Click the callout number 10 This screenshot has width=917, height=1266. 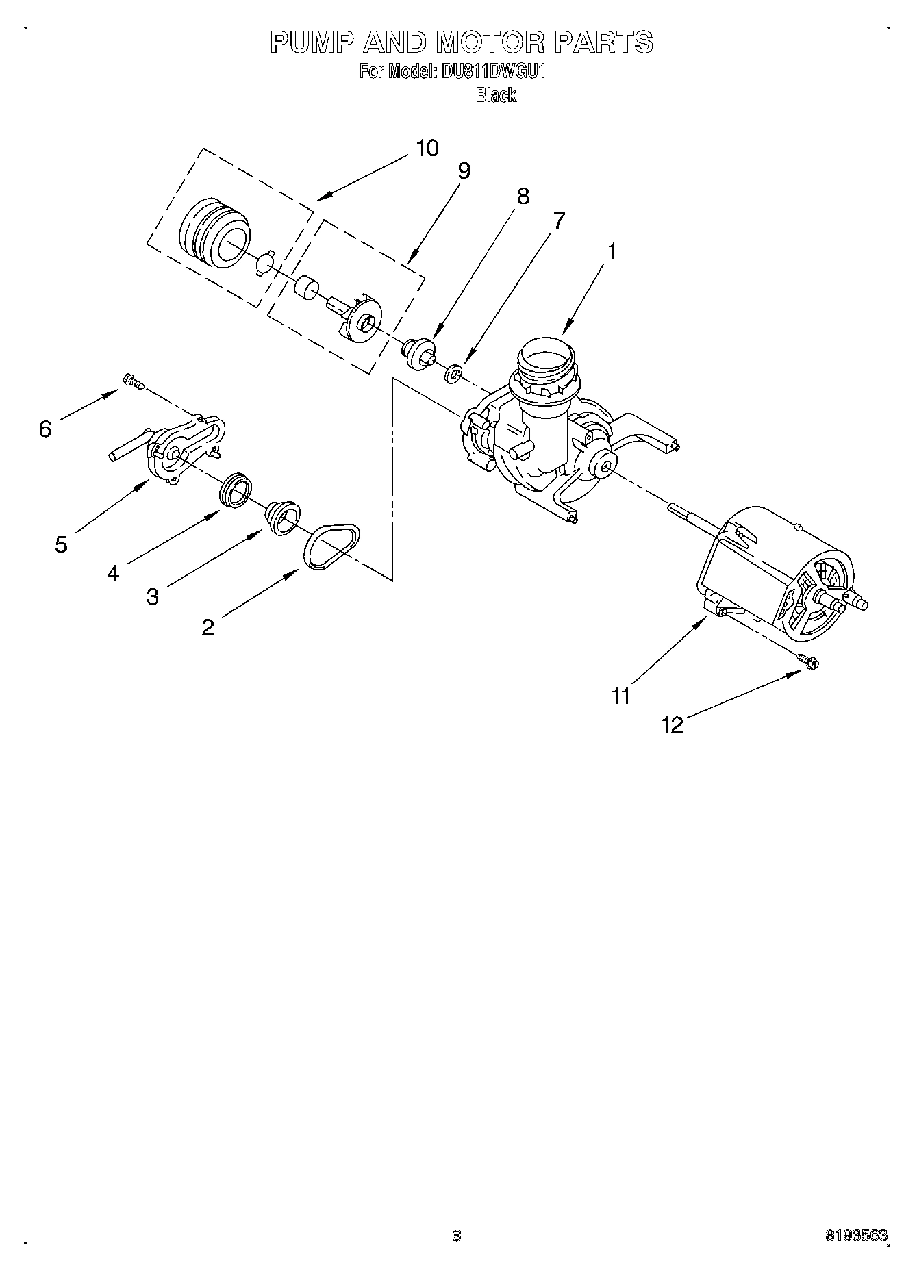[x=427, y=148]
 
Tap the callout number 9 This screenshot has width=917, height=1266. [x=464, y=170]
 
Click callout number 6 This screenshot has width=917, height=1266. [x=45, y=429]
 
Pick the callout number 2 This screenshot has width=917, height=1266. [x=208, y=626]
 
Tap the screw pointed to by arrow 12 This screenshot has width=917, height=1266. [x=809, y=661]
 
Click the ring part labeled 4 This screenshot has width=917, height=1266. [x=236, y=489]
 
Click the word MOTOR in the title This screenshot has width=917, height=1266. [x=490, y=42]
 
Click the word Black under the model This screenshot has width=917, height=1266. [x=496, y=95]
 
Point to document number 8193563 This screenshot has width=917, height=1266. [x=855, y=1236]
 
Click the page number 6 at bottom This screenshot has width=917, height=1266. [x=457, y=1236]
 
